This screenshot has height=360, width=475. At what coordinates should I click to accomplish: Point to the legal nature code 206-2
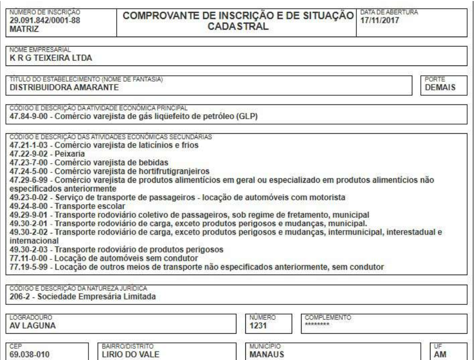click(19, 296)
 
